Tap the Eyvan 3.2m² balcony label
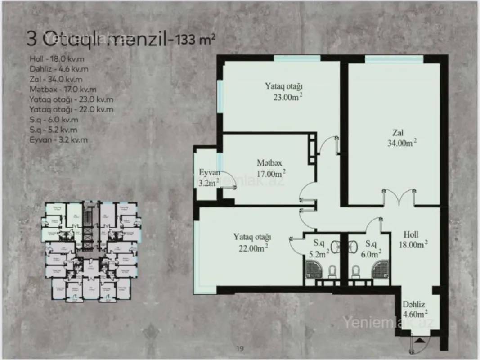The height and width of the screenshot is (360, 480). [209, 177]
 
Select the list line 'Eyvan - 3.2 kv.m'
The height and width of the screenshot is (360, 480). [58, 140]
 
